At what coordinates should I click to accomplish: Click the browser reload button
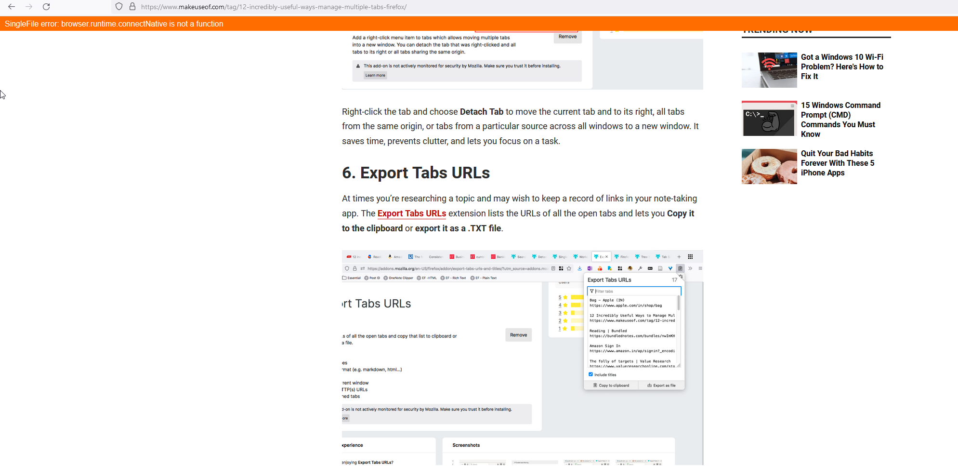pos(46,7)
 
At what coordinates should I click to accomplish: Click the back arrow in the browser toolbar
pos(12,7)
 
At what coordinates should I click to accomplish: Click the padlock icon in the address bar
pos(132,7)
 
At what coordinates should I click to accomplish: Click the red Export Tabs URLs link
pos(411,213)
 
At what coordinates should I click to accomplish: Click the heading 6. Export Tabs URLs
pos(415,173)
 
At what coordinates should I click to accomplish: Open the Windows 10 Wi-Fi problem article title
pos(841,67)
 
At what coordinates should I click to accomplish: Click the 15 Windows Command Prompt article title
pos(840,120)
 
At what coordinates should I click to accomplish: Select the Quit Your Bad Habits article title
pos(837,163)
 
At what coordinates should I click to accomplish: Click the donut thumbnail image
pos(769,166)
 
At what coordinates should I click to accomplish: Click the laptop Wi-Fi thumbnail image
pos(769,70)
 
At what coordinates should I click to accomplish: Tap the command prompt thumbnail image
pos(769,119)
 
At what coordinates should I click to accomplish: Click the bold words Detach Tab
pos(481,112)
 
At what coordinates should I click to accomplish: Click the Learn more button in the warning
pos(375,75)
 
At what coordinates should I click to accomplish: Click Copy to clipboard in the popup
pos(611,386)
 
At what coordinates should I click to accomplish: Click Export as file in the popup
pos(661,386)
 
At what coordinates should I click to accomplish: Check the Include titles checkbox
pos(591,374)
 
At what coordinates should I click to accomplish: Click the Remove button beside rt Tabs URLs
pos(518,335)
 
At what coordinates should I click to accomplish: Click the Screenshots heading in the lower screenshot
pos(466,445)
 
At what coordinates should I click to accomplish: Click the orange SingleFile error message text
pos(114,24)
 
